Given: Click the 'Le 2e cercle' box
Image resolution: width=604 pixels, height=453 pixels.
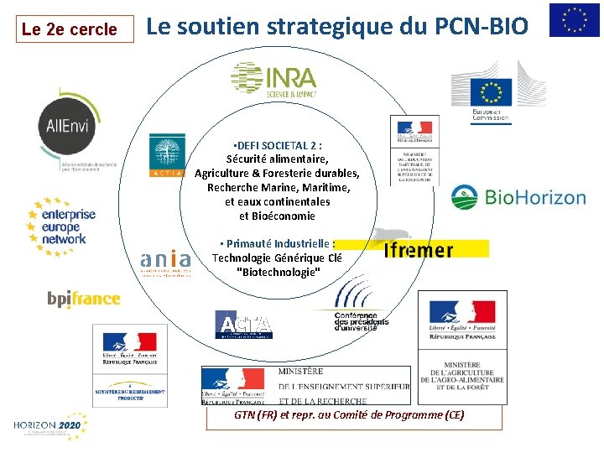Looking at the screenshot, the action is (70, 29).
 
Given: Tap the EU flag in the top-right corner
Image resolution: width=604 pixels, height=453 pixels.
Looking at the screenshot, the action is (574, 20).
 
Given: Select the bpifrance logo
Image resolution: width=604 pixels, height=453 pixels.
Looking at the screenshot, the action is (84, 299).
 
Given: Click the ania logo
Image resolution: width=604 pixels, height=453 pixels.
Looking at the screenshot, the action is (166, 262).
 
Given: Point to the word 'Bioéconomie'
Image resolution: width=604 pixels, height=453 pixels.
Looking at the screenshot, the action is (277, 216).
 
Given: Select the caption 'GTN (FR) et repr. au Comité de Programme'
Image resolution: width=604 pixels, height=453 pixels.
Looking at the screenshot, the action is (349, 415).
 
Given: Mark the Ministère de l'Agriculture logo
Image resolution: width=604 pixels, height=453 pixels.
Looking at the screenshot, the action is (461, 348).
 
